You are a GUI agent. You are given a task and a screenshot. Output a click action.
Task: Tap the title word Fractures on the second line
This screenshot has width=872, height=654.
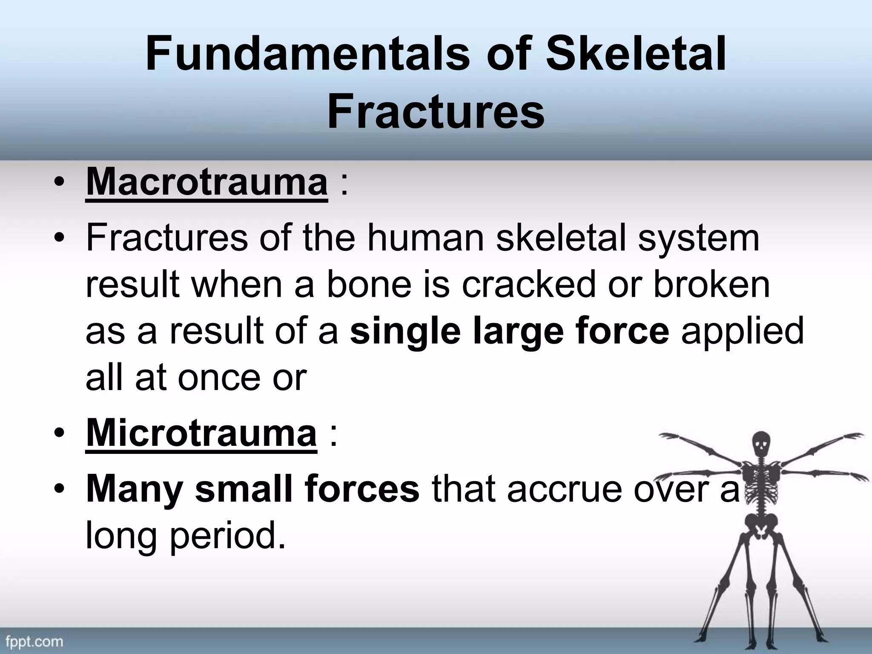(436, 112)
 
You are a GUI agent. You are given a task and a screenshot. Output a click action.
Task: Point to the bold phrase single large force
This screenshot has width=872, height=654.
(509, 332)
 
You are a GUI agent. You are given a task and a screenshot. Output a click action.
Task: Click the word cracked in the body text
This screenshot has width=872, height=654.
(528, 285)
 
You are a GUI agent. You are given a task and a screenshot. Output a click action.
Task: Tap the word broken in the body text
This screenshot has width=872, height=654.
(711, 285)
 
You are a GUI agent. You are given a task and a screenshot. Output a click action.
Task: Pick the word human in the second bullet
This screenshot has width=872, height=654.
(426, 238)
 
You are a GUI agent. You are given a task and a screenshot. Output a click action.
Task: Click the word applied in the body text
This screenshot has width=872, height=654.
(742, 333)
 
